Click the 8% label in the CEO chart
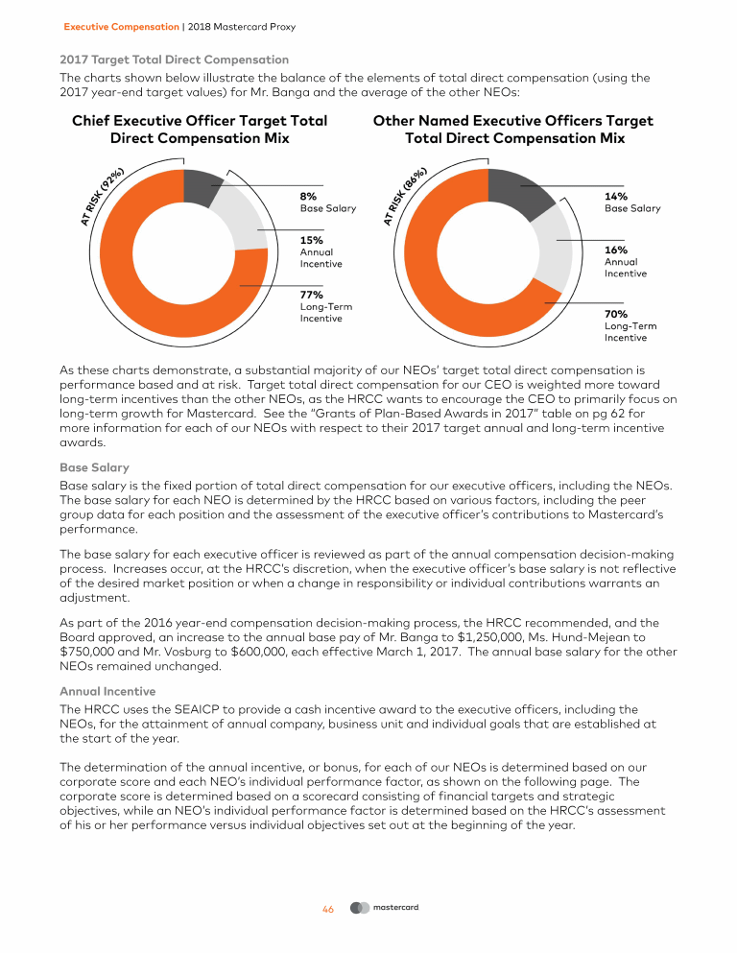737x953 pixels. [x=309, y=196]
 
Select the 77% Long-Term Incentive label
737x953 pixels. [x=311, y=295]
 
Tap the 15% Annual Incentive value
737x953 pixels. [x=311, y=240]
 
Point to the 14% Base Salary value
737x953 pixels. [x=616, y=196]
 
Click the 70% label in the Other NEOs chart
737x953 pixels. [x=615, y=314]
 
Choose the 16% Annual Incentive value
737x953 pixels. [x=615, y=250]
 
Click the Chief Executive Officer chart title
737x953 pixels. [x=200, y=130]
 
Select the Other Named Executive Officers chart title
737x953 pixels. [x=512, y=130]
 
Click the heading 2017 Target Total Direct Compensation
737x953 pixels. [x=174, y=60]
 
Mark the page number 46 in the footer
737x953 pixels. [x=327, y=909]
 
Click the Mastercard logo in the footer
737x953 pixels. [x=385, y=908]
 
